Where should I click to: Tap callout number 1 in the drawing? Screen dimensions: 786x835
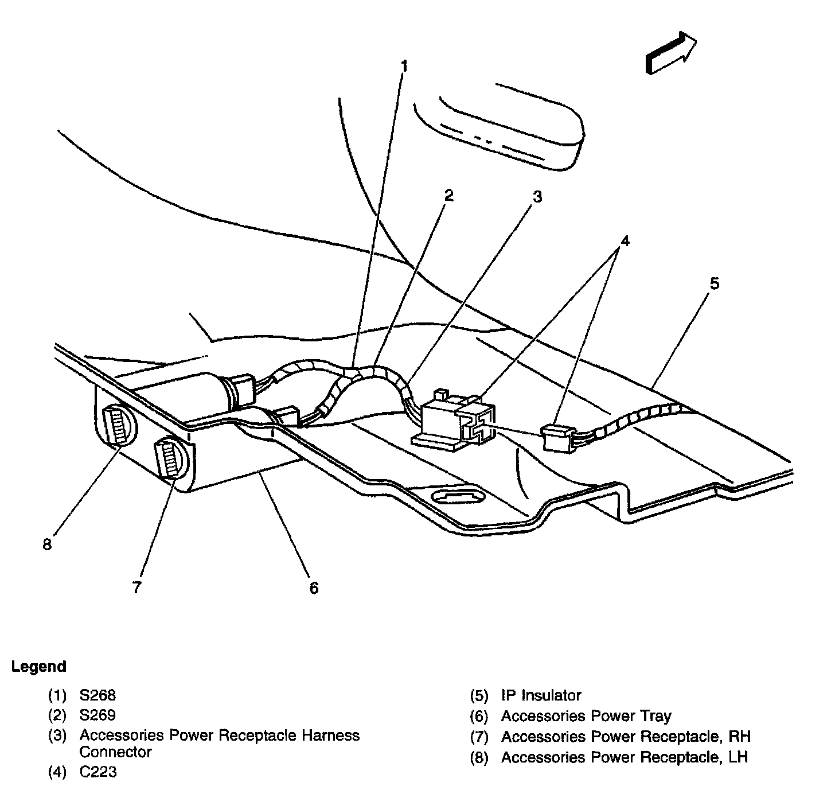(404, 67)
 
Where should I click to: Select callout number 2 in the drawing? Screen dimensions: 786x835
(448, 196)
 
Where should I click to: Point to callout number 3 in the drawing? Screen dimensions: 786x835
(536, 197)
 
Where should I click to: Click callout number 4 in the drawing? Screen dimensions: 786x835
(625, 241)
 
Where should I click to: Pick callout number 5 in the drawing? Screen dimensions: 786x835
(714, 283)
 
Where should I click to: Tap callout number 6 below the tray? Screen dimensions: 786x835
(314, 587)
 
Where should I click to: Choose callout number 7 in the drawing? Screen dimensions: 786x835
(136, 587)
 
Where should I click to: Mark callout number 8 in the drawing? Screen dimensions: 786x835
(47, 544)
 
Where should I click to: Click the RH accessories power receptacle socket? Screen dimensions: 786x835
(170, 457)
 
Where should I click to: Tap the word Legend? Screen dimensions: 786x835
(39, 667)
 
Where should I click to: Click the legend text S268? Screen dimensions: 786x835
(97, 695)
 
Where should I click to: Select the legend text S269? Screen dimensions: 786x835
(97, 715)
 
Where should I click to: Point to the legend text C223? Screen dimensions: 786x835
(98, 772)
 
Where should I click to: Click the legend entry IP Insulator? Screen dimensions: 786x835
(541, 695)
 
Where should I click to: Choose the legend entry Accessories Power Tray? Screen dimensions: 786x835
(586, 716)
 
